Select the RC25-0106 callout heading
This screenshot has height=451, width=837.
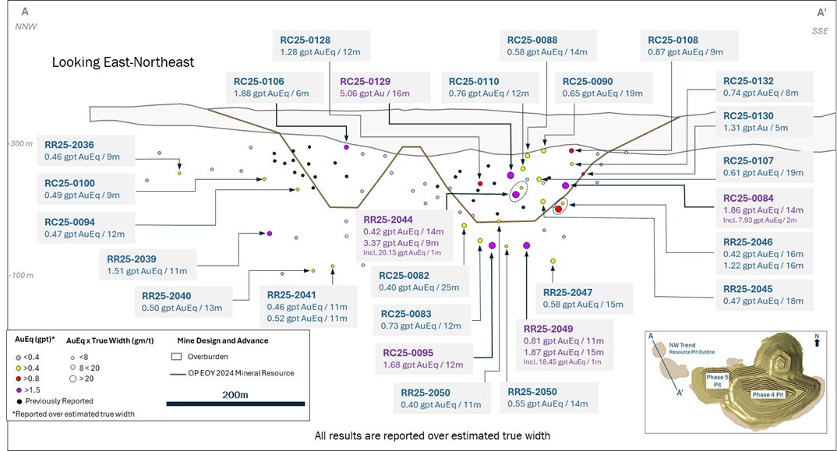tap(259, 81)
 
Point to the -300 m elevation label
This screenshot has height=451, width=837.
tap(19, 145)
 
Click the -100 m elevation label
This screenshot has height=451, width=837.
tap(19, 276)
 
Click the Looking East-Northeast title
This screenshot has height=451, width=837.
tap(122, 62)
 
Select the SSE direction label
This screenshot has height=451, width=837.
tap(819, 30)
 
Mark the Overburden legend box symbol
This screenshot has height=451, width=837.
tap(175, 357)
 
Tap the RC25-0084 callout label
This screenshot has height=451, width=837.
tap(748, 198)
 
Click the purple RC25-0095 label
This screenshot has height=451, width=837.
tap(408, 351)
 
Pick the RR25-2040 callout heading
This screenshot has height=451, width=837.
tap(167, 295)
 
